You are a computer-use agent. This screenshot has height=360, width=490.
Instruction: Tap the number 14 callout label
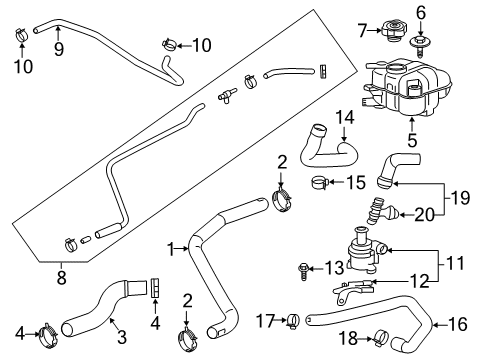(x=345, y=118)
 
